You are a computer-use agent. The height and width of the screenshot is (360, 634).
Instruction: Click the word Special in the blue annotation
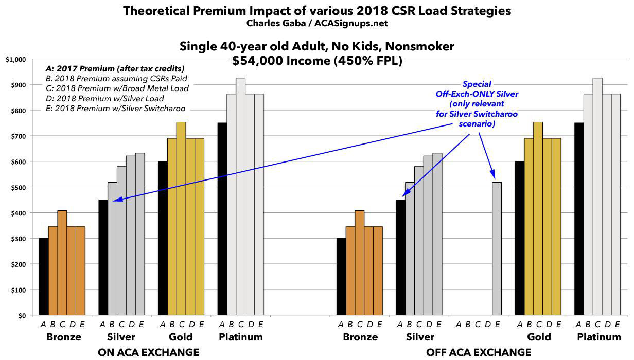click(477, 84)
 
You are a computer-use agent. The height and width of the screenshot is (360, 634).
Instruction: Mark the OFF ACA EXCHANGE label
click(479, 352)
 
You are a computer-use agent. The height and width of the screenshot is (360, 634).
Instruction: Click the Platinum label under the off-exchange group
click(600, 337)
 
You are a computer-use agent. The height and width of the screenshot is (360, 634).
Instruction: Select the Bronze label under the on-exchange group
click(63, 337)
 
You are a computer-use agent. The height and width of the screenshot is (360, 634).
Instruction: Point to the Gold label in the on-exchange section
click(181, 337)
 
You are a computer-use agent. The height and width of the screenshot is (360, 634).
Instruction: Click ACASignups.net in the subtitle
click(357, 24)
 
